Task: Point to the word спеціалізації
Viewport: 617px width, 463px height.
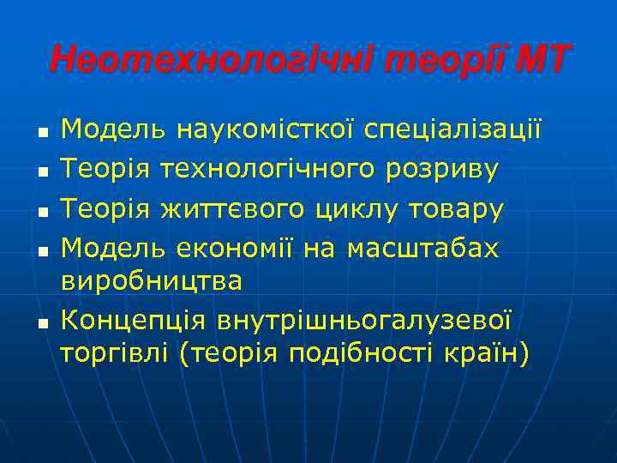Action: [x=453, y=130]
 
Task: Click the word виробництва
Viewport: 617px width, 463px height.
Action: [x=152, y=280]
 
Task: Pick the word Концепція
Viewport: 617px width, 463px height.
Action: [x=135, y=320]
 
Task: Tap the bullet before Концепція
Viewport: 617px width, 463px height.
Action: [x=40, y=321]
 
